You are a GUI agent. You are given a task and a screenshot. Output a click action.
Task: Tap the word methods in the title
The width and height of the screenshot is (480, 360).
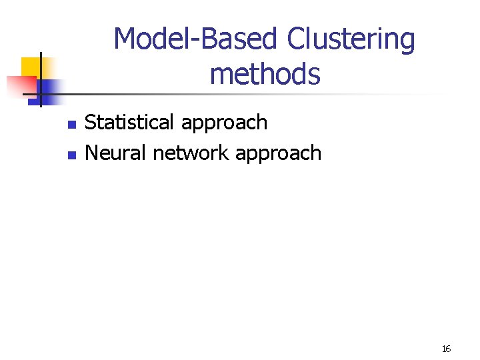[265, 74]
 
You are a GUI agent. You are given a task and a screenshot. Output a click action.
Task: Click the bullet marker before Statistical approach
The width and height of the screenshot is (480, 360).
[72, 125]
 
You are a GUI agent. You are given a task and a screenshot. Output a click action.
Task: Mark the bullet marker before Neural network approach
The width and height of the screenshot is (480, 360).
[72, 155]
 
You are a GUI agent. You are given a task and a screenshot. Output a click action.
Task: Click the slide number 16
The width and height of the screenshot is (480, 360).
[446, 349]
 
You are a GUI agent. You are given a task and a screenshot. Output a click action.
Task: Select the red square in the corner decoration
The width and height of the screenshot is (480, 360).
[20, 86]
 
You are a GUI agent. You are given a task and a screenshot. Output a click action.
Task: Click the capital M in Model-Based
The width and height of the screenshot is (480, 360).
[125, 40]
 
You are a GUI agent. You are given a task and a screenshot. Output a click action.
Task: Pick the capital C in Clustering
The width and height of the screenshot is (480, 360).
[295, 40]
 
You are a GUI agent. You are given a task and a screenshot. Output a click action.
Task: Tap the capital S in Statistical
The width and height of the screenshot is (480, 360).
[91, 123]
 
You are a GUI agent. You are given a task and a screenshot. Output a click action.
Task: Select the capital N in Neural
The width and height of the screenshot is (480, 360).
[92, 153]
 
